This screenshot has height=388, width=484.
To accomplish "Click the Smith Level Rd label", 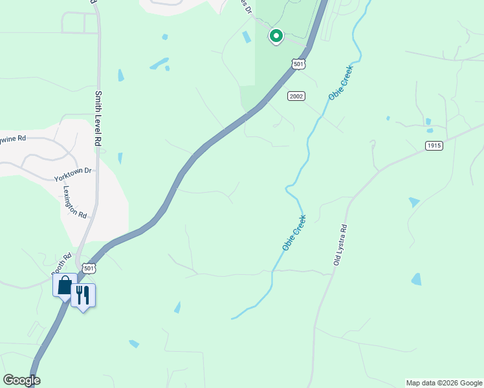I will coord(99,118).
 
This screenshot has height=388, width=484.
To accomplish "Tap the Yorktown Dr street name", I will coord(73,172).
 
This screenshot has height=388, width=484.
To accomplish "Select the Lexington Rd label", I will coord(75,202).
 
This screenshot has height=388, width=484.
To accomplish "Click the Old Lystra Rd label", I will coord(340,245).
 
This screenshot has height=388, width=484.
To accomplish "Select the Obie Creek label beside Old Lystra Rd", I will coord(294,233).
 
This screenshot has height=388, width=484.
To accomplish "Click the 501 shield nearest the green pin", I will coord(298,64).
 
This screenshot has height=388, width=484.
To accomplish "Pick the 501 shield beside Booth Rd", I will coord(89,267).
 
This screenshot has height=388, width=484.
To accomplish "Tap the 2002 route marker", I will coord(296,96).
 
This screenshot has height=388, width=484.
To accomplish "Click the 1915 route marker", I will coord(434,145).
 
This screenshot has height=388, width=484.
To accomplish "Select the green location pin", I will coord(276,36).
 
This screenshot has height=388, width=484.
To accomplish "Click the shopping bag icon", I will coord(65,285).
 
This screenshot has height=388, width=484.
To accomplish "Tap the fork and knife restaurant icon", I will coord(83,295).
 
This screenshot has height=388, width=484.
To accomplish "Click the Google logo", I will coord(21,380).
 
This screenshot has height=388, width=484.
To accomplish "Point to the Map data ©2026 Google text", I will coord(444,383).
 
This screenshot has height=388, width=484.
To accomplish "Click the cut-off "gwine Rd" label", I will coord(13,138).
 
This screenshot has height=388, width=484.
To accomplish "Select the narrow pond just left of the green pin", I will coord(247,38).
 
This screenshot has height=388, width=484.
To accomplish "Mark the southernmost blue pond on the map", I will coord(134,343).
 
